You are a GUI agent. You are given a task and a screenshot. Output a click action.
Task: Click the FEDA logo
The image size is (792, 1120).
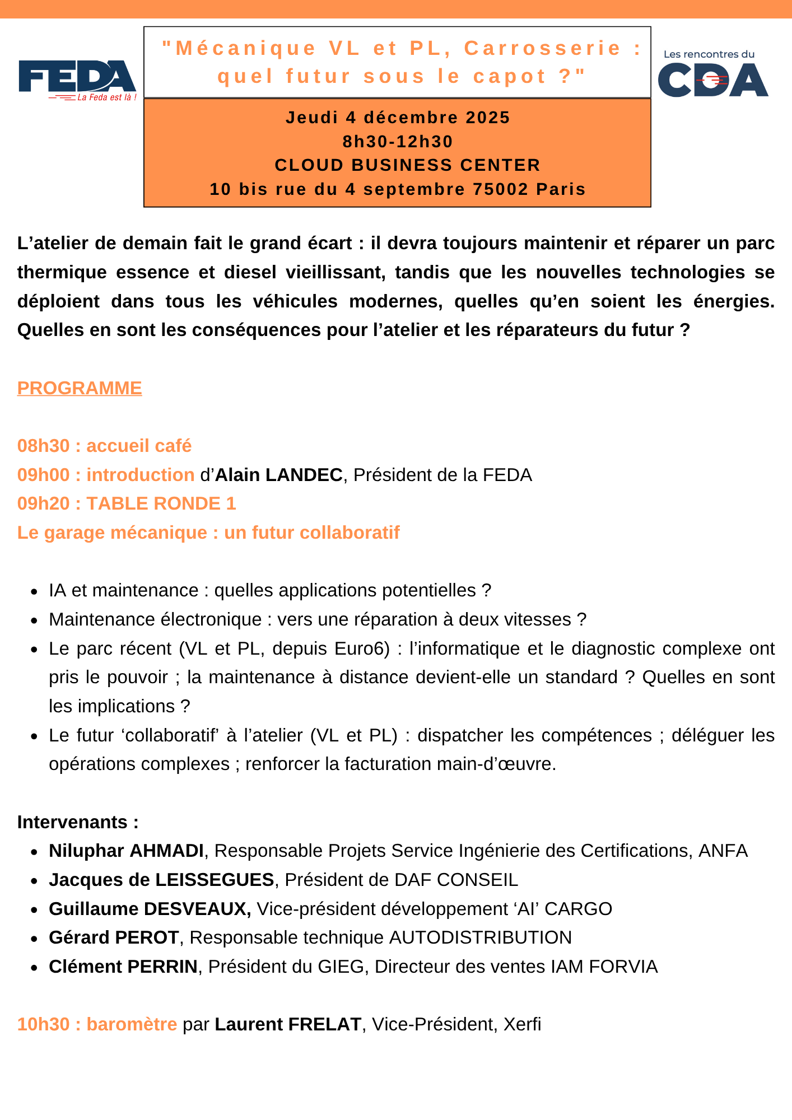[x=77, y=80]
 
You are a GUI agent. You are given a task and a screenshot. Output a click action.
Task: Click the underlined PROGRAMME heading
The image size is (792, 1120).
[x=80, y=388]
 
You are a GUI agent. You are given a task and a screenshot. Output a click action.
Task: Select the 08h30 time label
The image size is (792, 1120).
[x=44, y=446]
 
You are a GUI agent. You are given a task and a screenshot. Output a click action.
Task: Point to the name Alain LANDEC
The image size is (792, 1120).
[x=279, y=475]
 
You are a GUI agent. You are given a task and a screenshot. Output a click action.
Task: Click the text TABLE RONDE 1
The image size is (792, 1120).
[x=161, y=503]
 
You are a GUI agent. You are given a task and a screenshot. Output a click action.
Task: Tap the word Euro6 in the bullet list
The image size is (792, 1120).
[x=362, y=648]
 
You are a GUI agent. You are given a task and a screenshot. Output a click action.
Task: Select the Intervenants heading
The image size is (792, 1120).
[x=78, y=822]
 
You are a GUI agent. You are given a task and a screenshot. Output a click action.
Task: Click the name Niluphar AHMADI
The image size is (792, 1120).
[x=126, y=851]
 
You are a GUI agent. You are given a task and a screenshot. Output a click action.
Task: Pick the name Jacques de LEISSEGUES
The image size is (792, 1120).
[x=161, y=880]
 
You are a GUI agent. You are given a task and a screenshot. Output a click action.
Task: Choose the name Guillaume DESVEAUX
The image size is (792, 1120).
[x=150, y=909]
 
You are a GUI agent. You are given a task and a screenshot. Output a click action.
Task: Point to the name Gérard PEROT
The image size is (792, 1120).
[x=114, y=937]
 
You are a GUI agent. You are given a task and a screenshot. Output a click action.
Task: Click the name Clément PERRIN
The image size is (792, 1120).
[x=123, y=967]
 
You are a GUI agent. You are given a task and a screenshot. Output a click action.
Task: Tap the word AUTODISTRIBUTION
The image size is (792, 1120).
[x=481, y=937]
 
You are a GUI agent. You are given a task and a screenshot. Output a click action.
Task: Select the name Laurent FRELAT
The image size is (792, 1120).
[x=288, y=1024]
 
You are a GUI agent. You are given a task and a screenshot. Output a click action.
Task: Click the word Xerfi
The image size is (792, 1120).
[x=522, y=1024]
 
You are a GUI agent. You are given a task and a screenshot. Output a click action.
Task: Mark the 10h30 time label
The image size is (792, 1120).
[x=44, y=1024]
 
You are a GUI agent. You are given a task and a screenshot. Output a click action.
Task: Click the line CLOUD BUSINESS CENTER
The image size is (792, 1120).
[x=407, y=165]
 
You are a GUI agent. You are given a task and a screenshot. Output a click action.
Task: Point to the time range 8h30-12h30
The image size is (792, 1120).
[x=398, y=142]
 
